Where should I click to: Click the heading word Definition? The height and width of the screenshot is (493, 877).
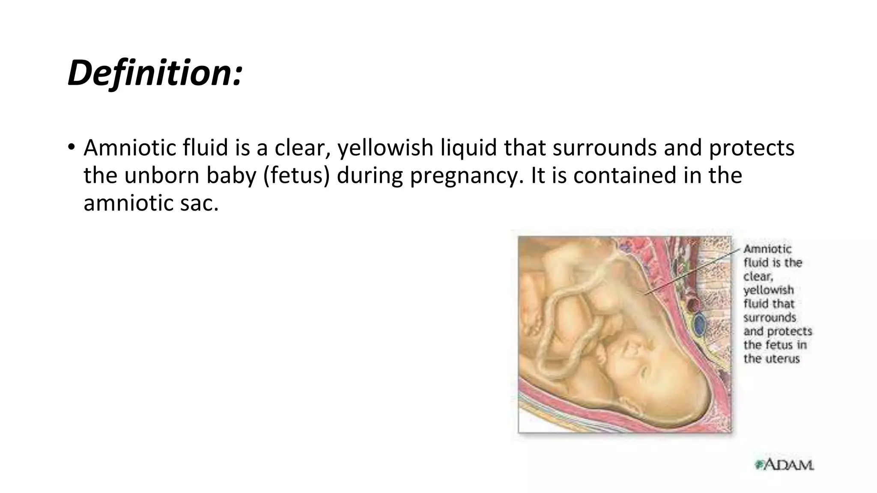click(x=155, y=73)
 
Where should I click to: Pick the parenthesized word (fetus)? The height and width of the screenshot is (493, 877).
click(x=297, y=175)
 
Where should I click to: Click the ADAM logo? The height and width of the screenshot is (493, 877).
click(x=784, y=464)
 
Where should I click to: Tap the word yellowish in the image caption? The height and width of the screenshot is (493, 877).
click(x=769, y=290)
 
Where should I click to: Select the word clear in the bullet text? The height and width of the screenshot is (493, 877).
click(x=302, y=148)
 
